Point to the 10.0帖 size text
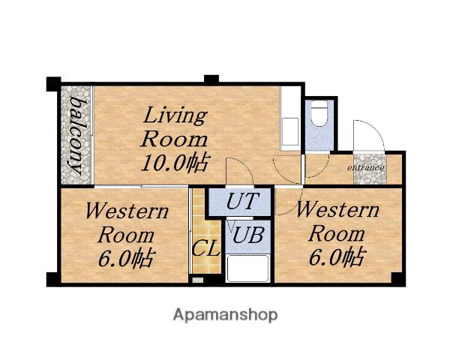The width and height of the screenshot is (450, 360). tap(175, 163)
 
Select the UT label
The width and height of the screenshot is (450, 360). tap(243, 201)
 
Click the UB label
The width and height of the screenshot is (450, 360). tap(248, 235)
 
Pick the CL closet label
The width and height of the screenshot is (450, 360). tap(206, 248)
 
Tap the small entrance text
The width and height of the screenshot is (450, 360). tap(366, 167)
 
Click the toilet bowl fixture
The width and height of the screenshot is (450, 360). tap(319, 113)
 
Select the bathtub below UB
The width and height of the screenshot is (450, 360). tap(247, 268)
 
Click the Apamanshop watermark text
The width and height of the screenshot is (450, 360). tap(225, 316)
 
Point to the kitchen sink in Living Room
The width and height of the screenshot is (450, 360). tap(290, 131)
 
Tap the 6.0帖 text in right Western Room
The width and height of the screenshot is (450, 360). tap(337, 256)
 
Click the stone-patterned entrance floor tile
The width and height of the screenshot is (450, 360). tap(370, 169)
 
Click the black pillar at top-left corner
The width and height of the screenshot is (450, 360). tap(54, 84)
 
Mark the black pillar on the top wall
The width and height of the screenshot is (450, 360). tap(211, 79)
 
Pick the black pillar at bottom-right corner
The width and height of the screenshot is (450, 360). tap(398, 279)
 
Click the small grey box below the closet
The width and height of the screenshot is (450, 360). tap(197, 280)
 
